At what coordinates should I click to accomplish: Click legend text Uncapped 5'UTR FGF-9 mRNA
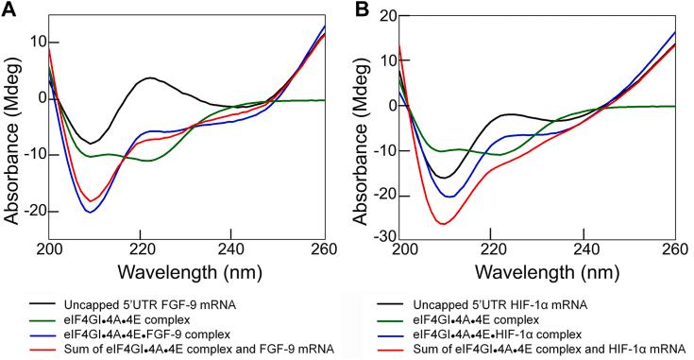point(179,306)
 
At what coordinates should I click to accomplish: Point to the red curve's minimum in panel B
point(443,223)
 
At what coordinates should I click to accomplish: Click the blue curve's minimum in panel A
point(90,212)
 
